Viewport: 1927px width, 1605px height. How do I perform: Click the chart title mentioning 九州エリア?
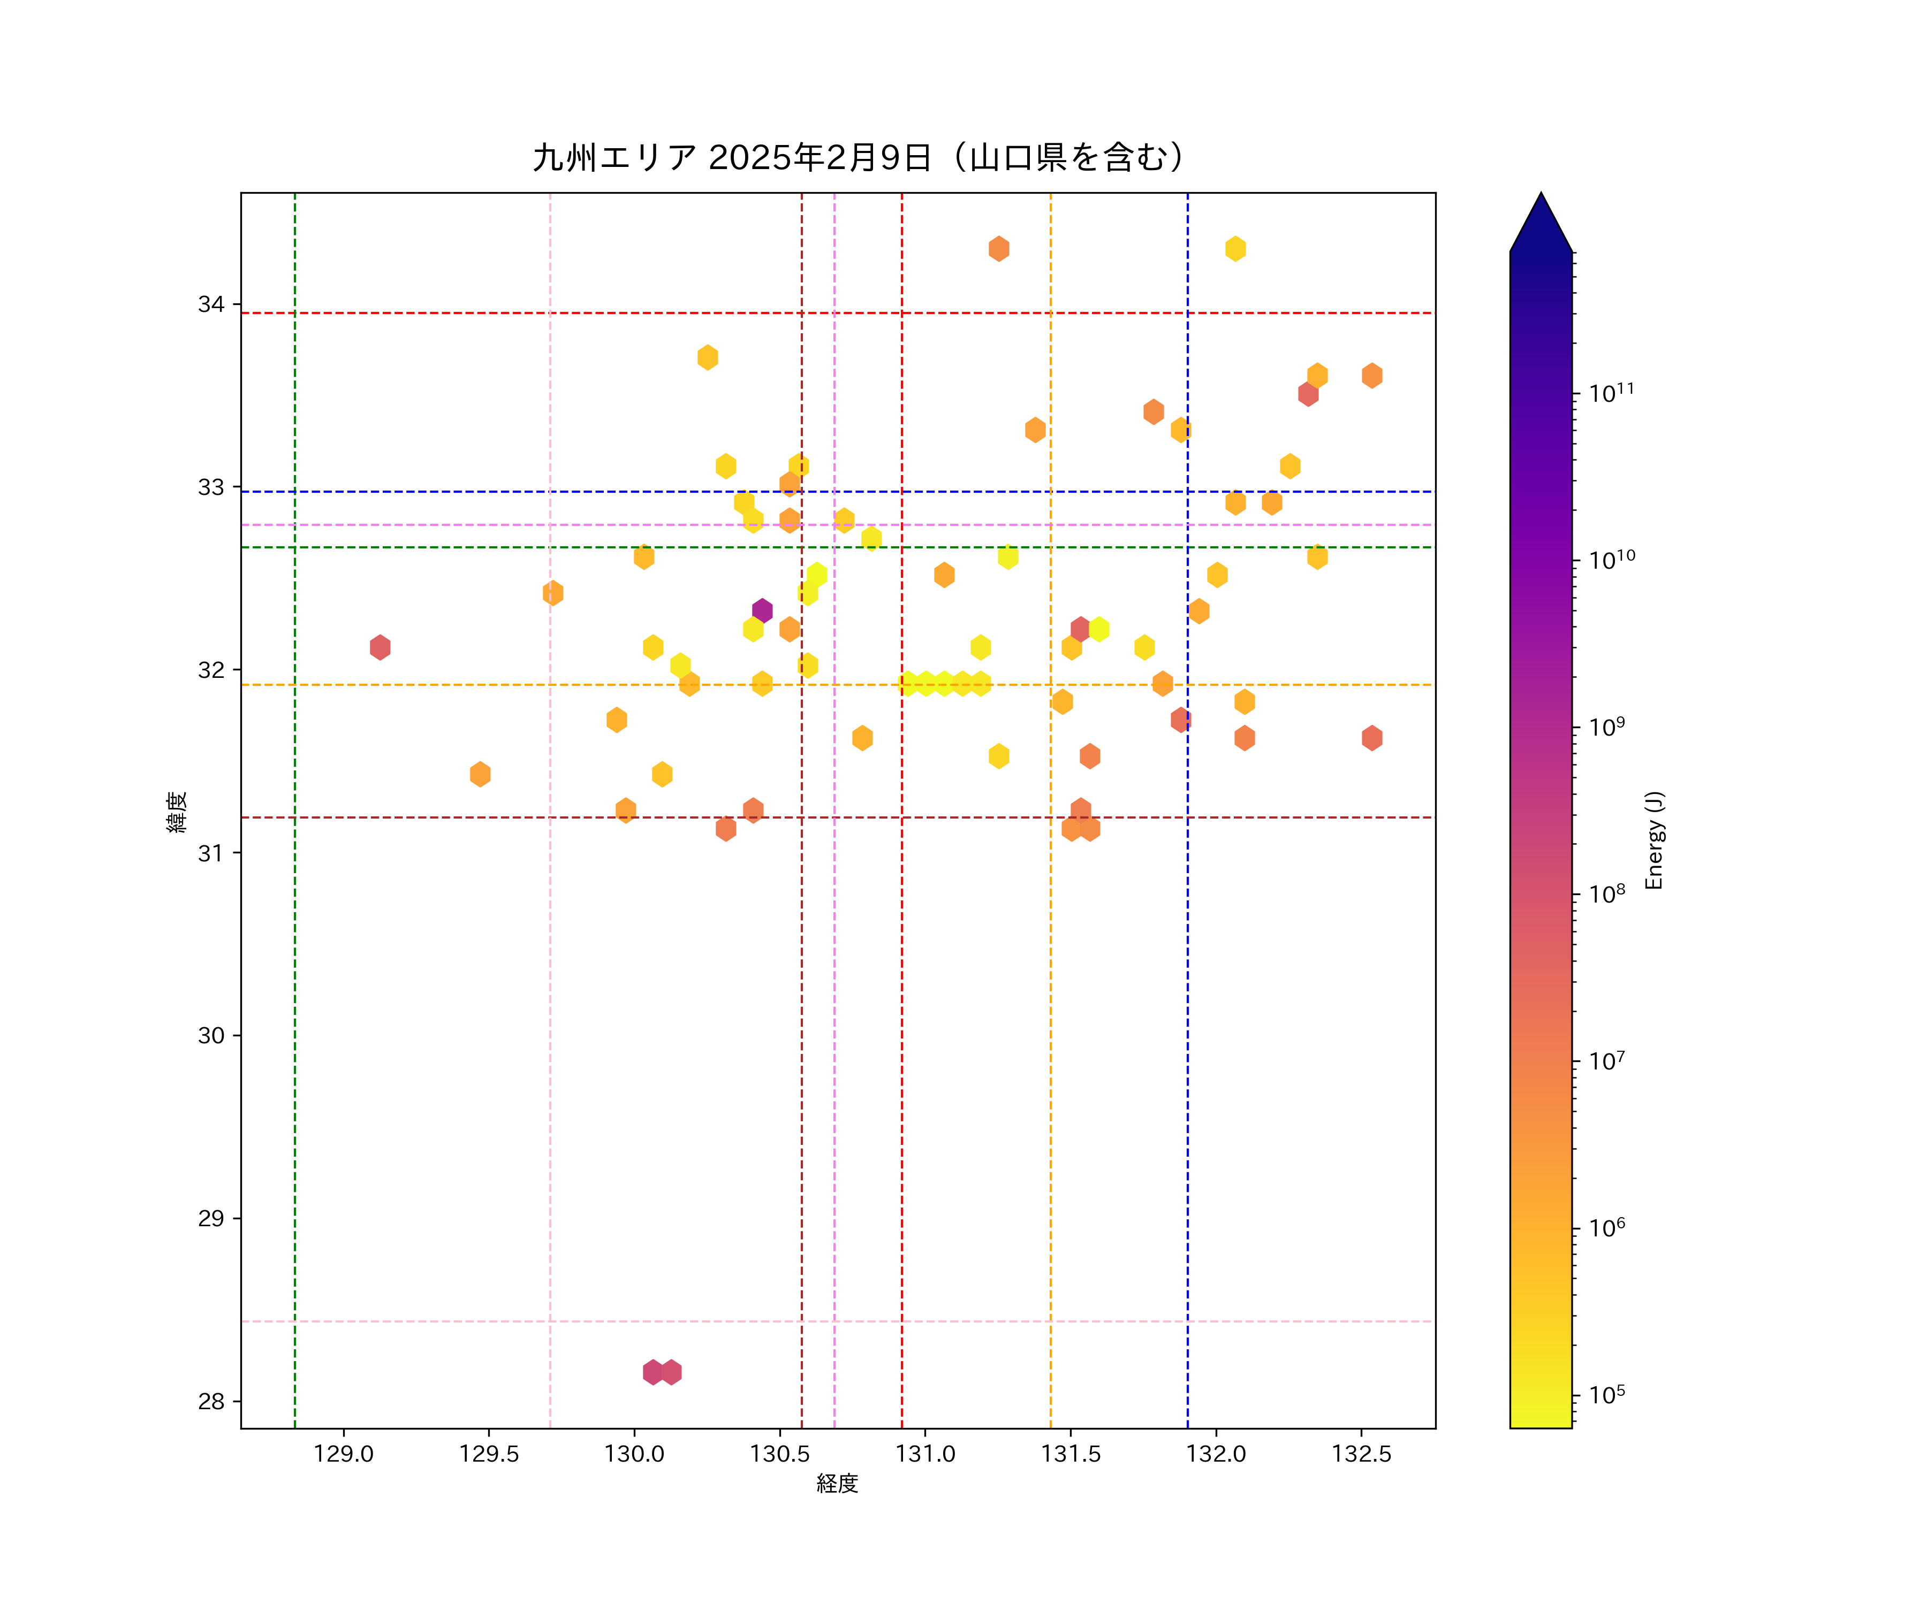point(859,158)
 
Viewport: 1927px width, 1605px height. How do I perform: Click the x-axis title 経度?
point(837,1483)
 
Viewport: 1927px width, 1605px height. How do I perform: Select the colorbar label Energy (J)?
point(1653,839)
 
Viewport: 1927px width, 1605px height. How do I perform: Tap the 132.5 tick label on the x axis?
point(1362,1454)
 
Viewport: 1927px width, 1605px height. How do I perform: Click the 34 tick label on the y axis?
point(211,304)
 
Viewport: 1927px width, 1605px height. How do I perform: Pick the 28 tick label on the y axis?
point(211,1401)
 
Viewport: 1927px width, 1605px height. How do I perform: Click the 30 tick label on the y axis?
point(211,1035)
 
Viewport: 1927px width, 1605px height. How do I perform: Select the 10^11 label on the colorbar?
point(1611,393)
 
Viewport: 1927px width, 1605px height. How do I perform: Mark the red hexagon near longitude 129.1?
point(380,647)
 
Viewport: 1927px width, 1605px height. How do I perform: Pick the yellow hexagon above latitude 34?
point(1235,249)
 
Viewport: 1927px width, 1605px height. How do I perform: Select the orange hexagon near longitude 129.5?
point(480,774)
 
